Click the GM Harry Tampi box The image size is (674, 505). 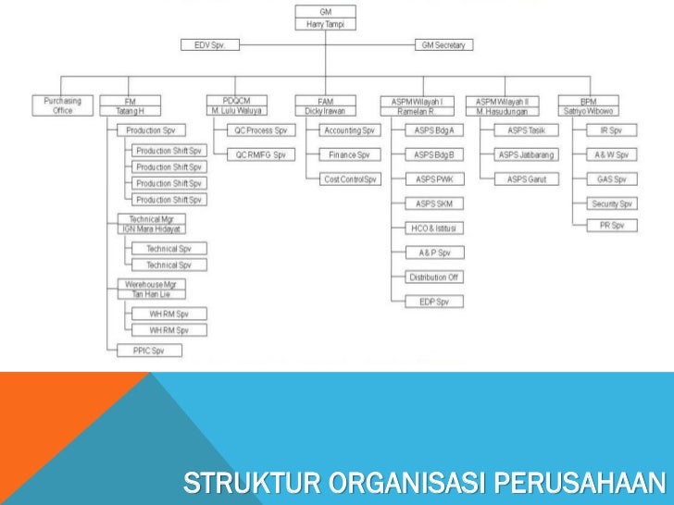click(325, 18)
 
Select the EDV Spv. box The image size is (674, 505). click(209, 44)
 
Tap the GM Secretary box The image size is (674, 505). click(443, 44)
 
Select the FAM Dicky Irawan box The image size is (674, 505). click(325, 105)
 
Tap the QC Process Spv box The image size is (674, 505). click(261, 131)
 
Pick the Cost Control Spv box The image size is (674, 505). click(350, 179)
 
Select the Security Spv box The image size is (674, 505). click(612, 203)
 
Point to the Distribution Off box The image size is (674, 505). click(435, 277)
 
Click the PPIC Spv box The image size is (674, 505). click(150, 350)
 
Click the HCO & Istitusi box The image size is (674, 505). click(435, 228)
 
